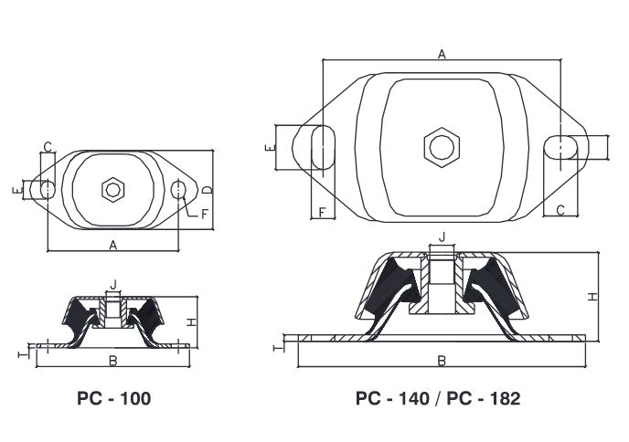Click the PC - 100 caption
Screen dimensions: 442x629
pos(113,398)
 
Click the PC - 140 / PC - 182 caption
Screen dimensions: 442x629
pos(438,398)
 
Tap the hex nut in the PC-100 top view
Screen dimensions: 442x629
pos(113,189)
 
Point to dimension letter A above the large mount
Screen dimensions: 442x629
pos(442,54)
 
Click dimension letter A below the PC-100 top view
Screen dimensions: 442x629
pos(112,244)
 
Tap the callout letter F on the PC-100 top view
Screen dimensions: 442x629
pos(206,214)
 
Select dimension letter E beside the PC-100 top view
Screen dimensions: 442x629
pos(16,190)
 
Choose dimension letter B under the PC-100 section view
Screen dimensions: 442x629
pos(112,361)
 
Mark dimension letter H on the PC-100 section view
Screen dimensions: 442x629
pos(191,321)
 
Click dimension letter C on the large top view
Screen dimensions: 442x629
pos(560,211)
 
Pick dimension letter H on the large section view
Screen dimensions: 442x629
pos(592,298)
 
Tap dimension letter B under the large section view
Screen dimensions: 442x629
pos(442,361)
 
